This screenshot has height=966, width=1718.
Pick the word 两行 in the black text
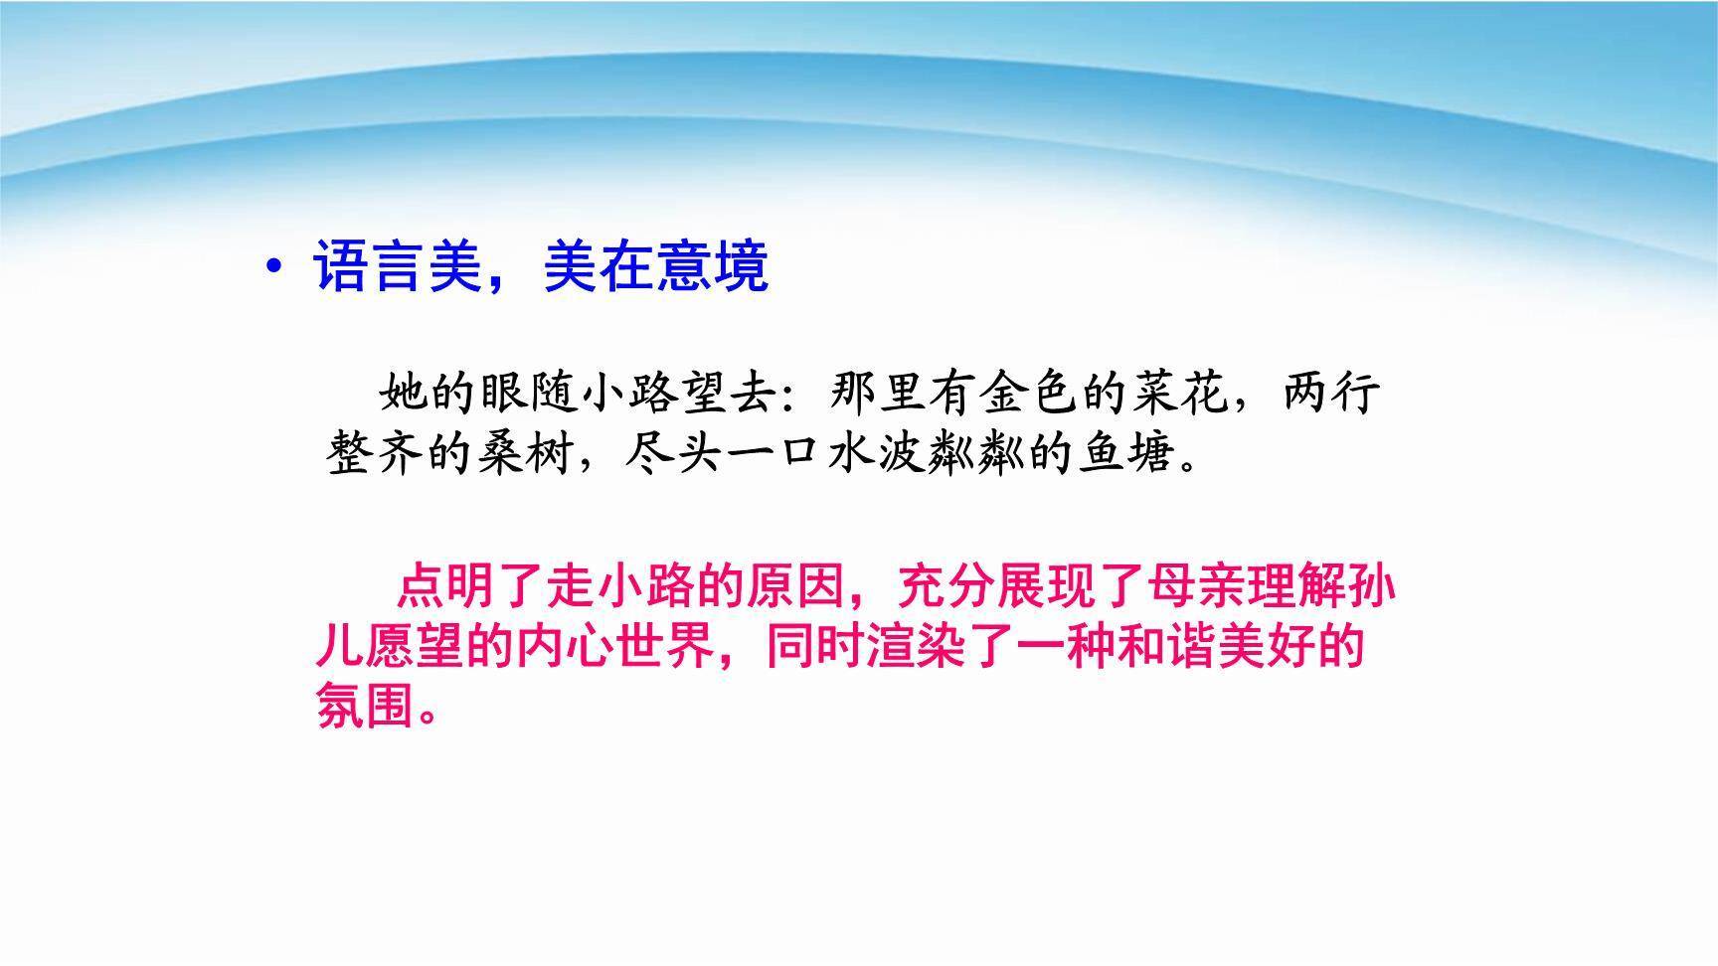click(x=1332, y=394)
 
